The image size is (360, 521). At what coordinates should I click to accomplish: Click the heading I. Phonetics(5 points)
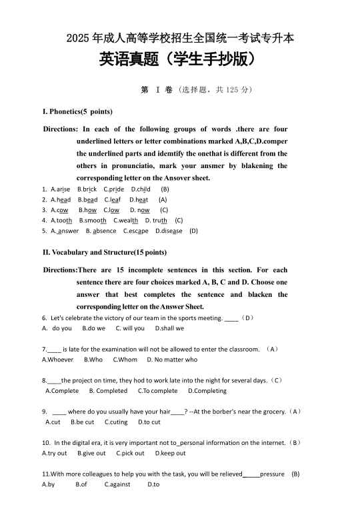coord(77,111)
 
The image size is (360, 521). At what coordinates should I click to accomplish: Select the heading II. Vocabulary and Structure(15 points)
coord(105,252)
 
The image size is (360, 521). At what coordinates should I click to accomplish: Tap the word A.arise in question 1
coord(60,189)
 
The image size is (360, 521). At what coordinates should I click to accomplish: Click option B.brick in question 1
coord(87,189)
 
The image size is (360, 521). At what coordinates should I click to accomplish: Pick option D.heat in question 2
coord(139,199)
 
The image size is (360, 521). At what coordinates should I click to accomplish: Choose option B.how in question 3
coord(87,209)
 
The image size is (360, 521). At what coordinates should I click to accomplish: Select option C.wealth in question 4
coord(126,220)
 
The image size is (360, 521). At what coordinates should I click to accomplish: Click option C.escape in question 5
coord(136,231)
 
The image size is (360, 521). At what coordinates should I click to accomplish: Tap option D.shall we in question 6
coord(169,328)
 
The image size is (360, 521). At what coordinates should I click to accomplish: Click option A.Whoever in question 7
coord(58,360)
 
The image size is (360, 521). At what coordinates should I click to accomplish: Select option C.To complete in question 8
coord(157,391)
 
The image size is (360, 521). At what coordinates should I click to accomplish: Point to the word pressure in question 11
coord(272,474)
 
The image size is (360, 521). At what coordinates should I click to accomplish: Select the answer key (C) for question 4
coord(179,220)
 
